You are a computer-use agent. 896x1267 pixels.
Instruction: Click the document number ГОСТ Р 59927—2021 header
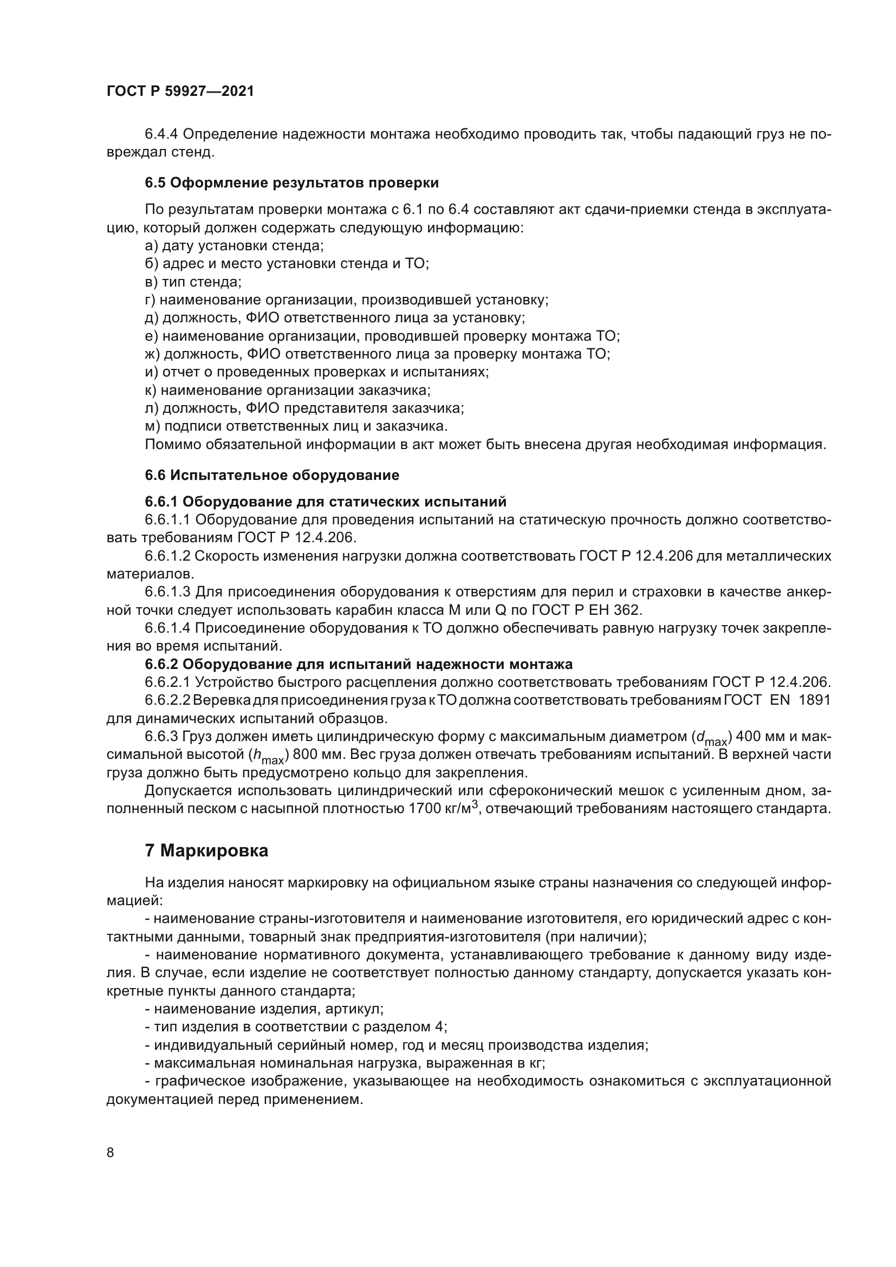point(180,91)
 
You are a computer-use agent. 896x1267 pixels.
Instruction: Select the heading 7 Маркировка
point(206,850)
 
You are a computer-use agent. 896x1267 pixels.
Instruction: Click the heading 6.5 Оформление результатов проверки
point(291,183)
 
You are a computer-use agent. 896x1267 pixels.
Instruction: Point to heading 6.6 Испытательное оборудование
point(272,475)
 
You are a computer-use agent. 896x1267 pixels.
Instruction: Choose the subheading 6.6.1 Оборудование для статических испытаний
point(326,502)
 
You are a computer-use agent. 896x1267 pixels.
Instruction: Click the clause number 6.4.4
point(161,134)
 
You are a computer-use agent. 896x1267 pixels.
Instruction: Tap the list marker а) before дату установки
point(151,245)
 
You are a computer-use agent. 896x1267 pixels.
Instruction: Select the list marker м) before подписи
point(152,426)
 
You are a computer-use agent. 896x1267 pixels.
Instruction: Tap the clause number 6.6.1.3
point(168,592)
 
